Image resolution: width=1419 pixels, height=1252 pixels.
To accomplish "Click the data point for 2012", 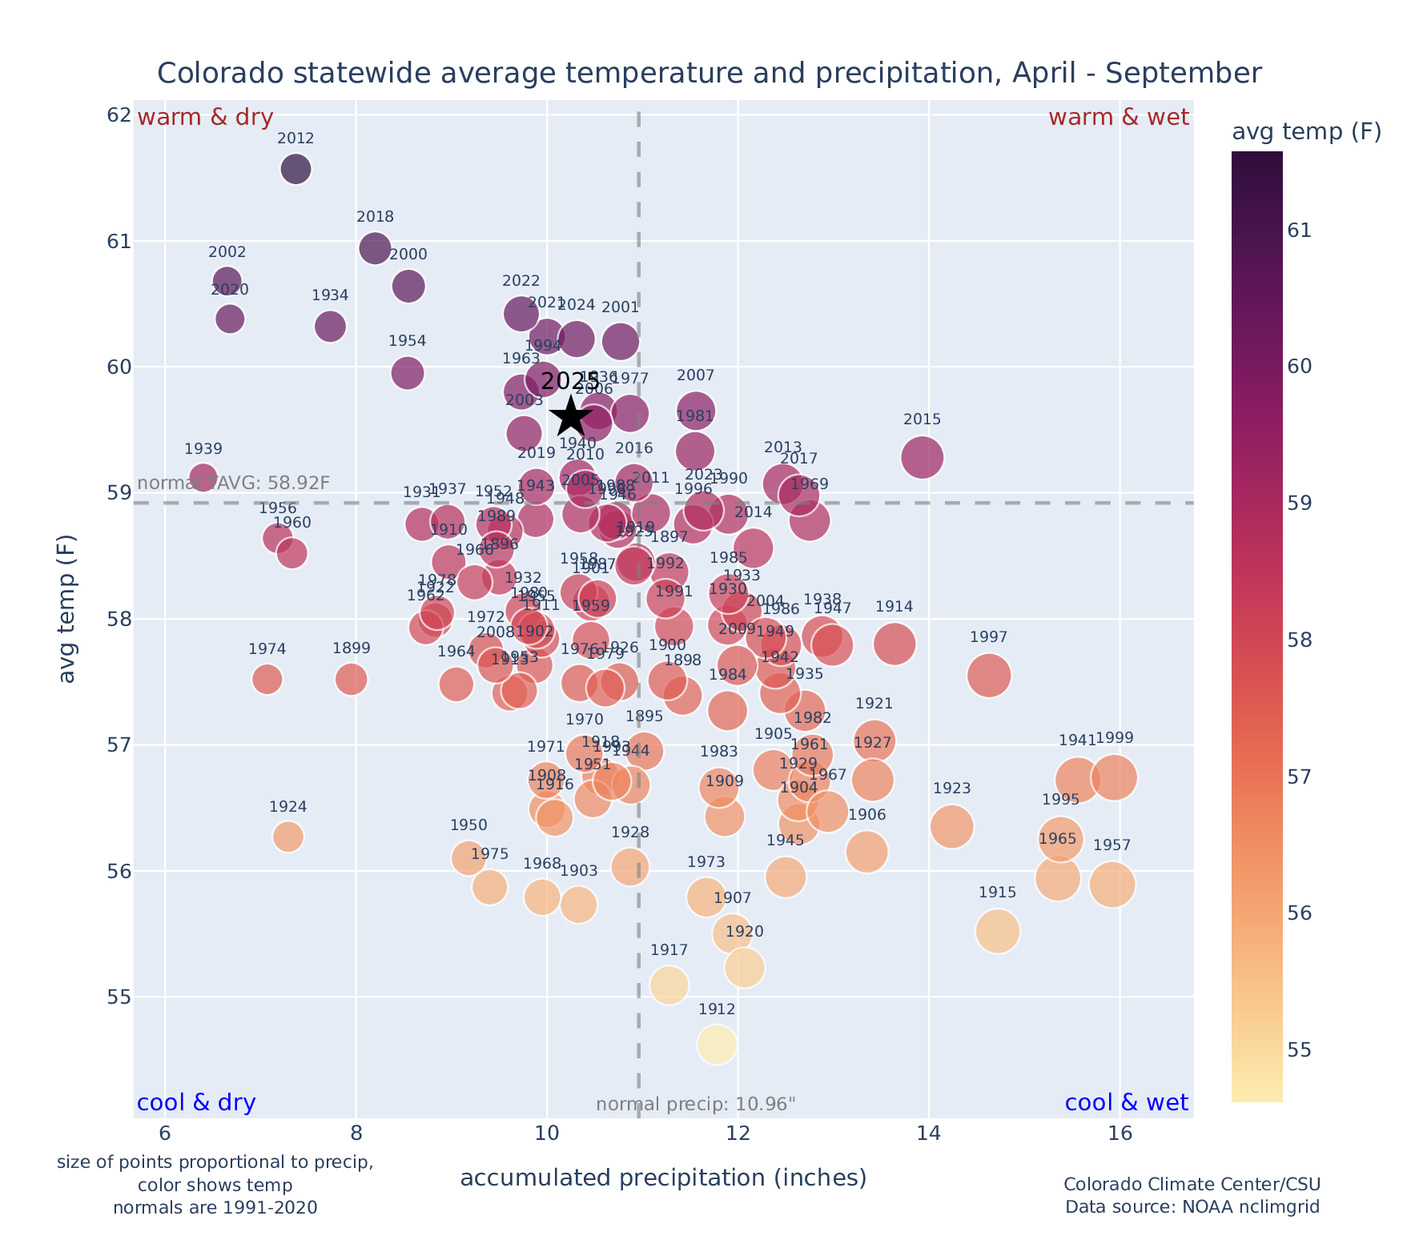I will coord(295,170).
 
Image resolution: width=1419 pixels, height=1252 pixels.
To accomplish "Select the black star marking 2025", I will coord(570,415).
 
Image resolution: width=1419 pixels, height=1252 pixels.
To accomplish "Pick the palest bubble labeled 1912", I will coord(717,1045).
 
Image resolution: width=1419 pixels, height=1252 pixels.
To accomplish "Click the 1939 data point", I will coord(203,477).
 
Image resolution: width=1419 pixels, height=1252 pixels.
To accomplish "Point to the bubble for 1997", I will coord(989,676).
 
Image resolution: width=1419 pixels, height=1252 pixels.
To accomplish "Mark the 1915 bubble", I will coord(997,931).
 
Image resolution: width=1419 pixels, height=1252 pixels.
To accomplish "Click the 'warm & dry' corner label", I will coord(205,118).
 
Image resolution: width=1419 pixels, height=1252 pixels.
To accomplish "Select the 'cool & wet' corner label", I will coord(1126,1103).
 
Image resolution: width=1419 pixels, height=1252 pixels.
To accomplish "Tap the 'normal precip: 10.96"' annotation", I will coord(696,1105).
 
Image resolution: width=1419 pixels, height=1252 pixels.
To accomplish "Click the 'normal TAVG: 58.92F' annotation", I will coord(234,483).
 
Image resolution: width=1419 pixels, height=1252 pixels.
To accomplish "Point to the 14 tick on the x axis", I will coord(929,1134).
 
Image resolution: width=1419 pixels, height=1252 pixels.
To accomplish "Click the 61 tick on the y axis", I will coord(119,241).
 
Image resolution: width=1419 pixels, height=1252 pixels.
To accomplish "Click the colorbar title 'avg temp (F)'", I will coord(1306,132).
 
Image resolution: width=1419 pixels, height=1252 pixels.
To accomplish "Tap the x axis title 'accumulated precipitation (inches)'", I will coord(663,1178).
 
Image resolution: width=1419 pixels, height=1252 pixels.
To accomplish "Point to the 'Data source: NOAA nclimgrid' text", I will coord(1192,1206).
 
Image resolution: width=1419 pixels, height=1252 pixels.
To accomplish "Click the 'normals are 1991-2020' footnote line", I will coord(215,1207).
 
